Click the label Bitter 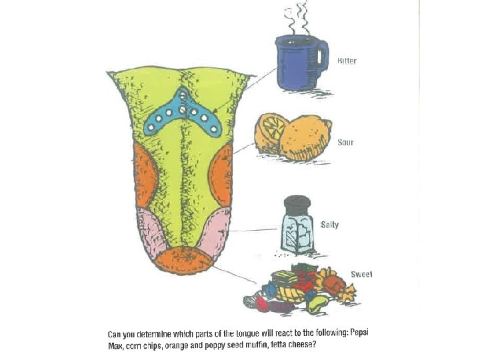tap(347, 61)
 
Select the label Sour tap(345, 143)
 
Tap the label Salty tap(329, 225)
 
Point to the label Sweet tap(361, 275)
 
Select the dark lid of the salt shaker tap(298, 203)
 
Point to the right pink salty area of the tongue tap(215, 231)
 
